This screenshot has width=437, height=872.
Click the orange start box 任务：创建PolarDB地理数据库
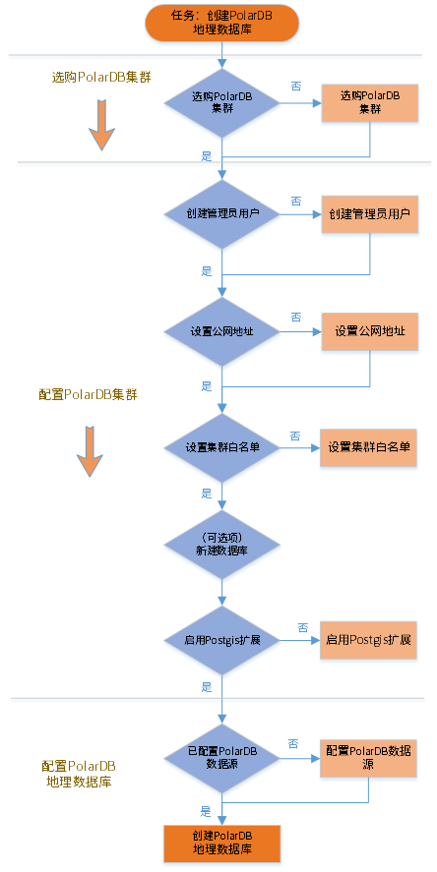(222, 23)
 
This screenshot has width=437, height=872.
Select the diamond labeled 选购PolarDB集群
(222, 103)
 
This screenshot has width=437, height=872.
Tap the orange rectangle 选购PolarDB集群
(370, 103)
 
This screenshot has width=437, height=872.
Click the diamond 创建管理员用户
(222, 214)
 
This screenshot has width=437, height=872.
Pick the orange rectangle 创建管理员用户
(370, 214)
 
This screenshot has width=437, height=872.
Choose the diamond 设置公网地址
(222, 331)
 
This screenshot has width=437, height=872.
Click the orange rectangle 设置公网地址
(370, 331)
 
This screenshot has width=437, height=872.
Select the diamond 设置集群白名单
(222, 447)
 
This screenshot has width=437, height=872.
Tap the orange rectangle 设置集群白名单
(368, 447)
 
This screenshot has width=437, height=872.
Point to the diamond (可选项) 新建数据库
(222, 545)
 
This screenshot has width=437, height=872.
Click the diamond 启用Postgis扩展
(222, 640)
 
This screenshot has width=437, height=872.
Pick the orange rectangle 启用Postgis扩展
(368, 640)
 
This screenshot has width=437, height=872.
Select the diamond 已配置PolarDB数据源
(222, 758)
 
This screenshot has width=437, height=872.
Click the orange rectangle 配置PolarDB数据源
(368, 758)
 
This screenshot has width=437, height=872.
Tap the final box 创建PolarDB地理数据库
(222, 843)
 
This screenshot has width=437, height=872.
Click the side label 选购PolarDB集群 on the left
(102, 78)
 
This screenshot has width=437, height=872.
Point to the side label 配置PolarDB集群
(88, 395)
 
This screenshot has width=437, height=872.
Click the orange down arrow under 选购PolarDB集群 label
(102, 125)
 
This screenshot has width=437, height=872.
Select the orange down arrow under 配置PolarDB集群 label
(90, 451)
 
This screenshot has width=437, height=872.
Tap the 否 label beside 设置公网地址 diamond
(295, 317)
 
